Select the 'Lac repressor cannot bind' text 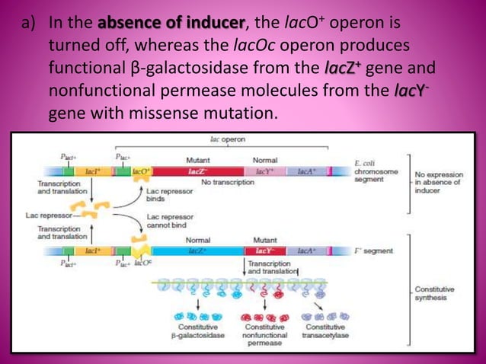(171, 221)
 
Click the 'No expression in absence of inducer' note (437, 182)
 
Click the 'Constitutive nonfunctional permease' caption (264, 334)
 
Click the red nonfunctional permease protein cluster (263, 315)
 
